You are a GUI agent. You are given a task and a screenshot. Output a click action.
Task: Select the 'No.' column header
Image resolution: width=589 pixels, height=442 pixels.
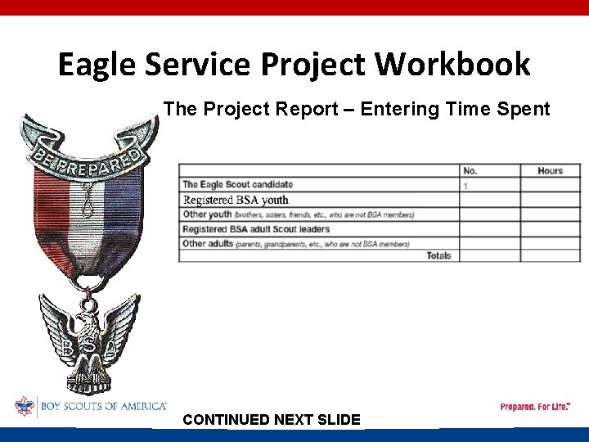[x=470, y=170]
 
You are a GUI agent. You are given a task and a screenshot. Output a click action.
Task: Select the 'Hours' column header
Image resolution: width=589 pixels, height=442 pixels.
[x=550, y=170]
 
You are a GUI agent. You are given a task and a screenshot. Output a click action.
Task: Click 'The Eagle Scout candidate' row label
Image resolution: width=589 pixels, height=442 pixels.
[x=237, y=185]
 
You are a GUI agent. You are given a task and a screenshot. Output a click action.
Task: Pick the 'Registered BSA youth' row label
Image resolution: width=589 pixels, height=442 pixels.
[x=236, y=200]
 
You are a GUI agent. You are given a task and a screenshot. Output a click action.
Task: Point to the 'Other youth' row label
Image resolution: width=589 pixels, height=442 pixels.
[x=208, y=214]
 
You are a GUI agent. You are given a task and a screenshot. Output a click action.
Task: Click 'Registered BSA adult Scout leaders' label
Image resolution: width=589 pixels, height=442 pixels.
[x=255, y=229]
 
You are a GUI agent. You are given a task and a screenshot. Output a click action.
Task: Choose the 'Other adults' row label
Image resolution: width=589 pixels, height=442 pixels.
[x=208, y=243]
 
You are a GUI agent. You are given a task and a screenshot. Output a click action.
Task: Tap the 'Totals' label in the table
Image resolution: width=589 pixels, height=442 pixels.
[x=438, y=255]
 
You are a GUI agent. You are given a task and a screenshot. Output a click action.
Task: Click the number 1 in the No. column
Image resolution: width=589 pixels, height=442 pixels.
[x=466, y=186]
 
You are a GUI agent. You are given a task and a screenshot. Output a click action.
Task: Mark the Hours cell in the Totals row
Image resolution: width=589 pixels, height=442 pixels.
[x=550, y=255]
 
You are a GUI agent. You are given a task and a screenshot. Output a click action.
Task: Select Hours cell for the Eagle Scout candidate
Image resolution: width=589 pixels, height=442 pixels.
[x=550, y=186]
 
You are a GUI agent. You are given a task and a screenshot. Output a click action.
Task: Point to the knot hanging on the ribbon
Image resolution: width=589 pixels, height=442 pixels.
[x=84, y=201]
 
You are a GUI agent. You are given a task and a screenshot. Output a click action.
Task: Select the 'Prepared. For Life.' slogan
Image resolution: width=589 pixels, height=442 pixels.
[x=535, y=407]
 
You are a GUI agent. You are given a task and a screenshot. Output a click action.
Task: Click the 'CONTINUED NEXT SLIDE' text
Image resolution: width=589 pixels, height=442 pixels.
[x=272, y=420]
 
